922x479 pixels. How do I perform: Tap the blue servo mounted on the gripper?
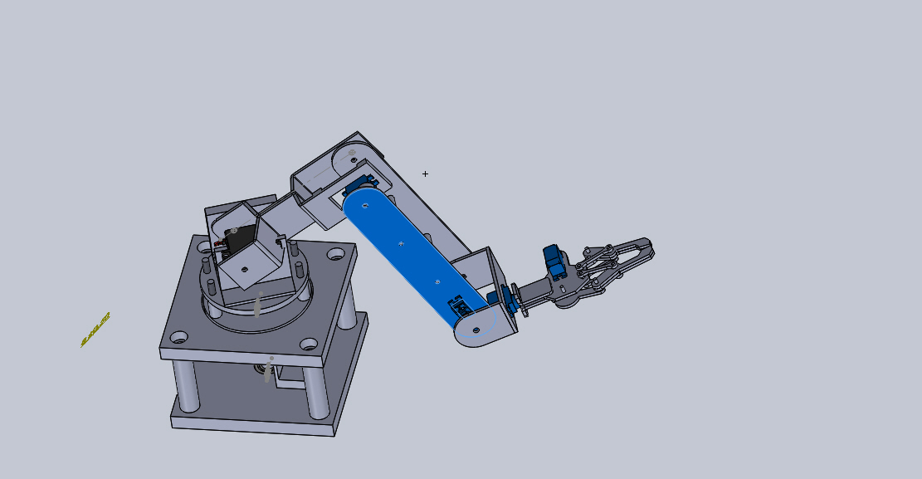(554, 261)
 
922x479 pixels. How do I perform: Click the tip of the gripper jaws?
(647, 248)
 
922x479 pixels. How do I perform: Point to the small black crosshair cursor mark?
(425, 174)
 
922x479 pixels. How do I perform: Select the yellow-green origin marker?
(95, 329)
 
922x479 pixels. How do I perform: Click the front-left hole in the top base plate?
(179, 338)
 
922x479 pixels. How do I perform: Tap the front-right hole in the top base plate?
(309, 343)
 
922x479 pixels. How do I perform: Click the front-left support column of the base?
(187, 386)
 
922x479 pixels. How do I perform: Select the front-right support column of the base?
(316, 390)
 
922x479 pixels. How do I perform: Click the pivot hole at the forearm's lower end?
(476, 329)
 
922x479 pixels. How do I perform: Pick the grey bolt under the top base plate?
(267, 370)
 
